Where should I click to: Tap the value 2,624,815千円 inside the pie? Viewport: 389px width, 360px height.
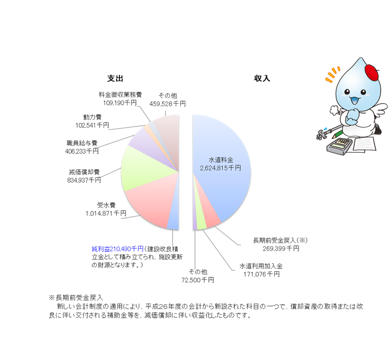click(220, 168)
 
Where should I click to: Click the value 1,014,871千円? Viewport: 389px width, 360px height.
click(106, 214)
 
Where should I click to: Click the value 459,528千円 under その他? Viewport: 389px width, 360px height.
click(167, 104)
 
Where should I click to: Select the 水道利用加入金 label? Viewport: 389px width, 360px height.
click(261, 267)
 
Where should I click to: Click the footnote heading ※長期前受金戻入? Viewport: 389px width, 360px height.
click(76, 297)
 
